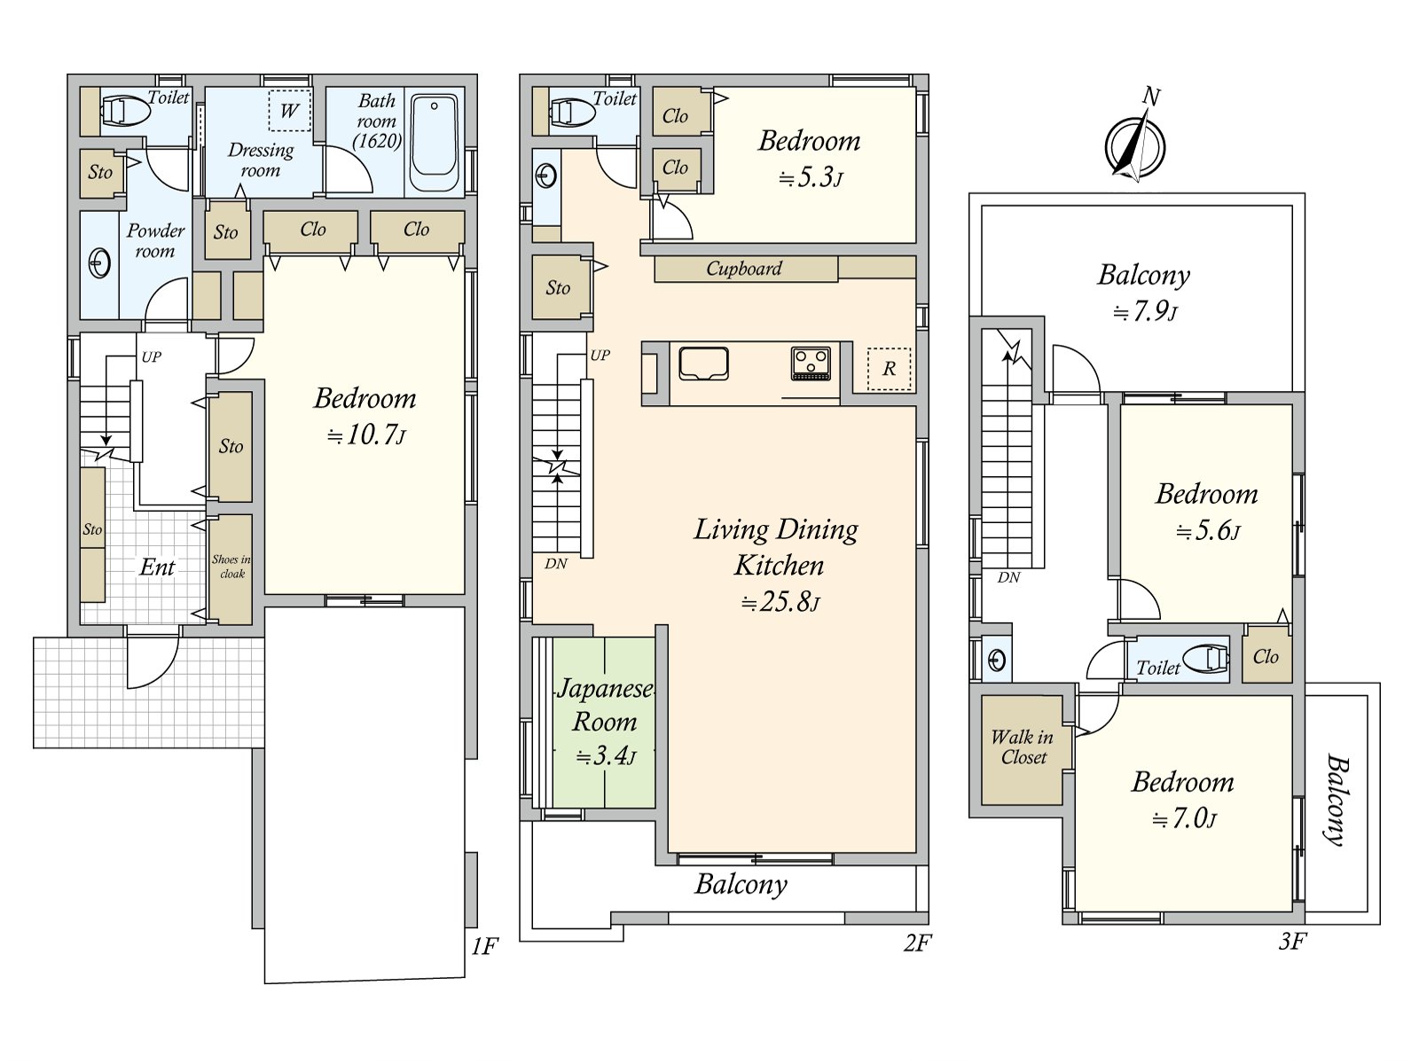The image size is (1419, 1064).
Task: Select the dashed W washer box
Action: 290,111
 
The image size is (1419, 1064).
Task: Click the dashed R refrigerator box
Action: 889,368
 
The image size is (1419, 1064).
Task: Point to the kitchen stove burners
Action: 811,363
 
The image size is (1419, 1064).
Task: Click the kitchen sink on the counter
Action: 703,364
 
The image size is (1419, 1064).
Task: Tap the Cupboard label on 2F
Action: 743,268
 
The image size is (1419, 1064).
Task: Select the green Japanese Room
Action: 604,723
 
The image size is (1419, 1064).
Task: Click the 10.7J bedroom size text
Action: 366,434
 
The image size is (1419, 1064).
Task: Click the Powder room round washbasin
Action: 99,263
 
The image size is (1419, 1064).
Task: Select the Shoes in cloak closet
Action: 231,568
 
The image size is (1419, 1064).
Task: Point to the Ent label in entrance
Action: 157,567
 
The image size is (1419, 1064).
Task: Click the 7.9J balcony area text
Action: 1144,313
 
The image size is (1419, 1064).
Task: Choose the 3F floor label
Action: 1292,942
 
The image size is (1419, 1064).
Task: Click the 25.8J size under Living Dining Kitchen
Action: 780,602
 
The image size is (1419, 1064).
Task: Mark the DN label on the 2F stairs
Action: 555,564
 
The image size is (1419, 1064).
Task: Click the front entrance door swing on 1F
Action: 153,662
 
